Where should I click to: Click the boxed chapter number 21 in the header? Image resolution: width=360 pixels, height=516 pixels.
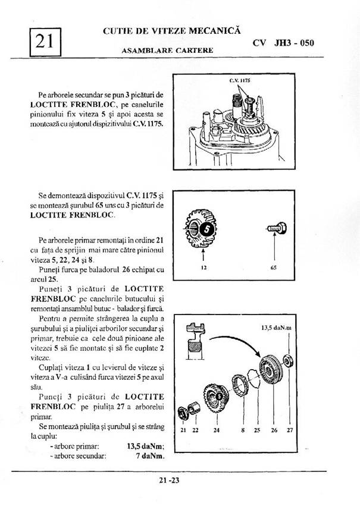coord(44,40)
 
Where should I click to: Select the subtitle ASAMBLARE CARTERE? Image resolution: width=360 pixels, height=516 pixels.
coord(167,50)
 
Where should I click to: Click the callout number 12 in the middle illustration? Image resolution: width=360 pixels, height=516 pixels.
coord(203,268)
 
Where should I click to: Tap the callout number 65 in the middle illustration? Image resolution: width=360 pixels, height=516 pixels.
coord(274,268)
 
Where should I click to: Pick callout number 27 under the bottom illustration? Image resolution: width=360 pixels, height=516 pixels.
coord(290,430)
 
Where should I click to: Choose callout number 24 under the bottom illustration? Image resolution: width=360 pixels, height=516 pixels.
coord(217,430)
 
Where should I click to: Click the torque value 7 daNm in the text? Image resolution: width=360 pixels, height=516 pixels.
coord(150,457)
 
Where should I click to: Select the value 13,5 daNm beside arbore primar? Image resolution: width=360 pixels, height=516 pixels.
coord(146,446)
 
